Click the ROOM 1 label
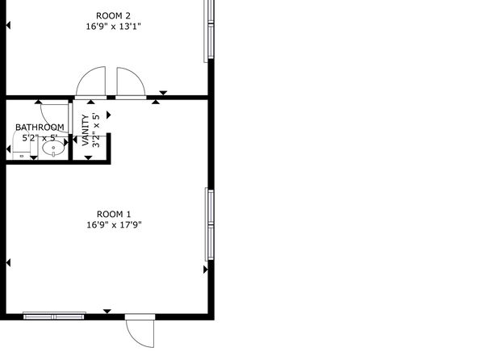pos(114,214)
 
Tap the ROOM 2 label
pos(113,15)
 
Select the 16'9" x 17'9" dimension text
pos(114,225)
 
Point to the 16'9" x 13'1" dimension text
pos(113,27)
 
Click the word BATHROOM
pos(40,127)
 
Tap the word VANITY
pos(86,130)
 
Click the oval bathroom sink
pos(53,149)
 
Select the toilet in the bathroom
pos(22,144)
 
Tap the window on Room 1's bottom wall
pos(54,316)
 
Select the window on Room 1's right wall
pos(210,224)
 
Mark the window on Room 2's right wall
pos(209,29)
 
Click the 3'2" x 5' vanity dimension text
pos(96,131)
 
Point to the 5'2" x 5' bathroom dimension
pos(40,138)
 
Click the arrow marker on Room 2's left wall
pos(8,25)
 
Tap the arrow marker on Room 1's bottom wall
pos(107,312)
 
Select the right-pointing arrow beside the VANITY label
pos(109,115)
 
